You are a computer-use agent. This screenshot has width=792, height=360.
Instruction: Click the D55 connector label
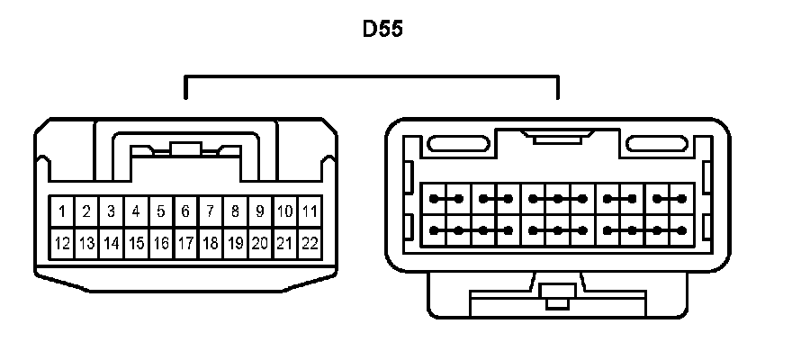point(382,30)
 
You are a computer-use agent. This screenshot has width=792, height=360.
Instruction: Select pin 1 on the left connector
point(61,212)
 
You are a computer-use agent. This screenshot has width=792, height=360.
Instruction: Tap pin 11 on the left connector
point(309,212)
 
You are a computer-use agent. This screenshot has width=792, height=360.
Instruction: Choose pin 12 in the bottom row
point(61,243)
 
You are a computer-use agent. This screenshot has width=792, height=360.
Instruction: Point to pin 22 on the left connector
point(309,243)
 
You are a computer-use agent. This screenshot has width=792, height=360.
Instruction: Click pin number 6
point(185,212)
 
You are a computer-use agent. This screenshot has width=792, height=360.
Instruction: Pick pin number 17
point(185,243)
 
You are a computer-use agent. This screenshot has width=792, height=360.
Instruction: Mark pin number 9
point(259,212)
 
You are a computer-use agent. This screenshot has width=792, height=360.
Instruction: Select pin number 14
point(111,243)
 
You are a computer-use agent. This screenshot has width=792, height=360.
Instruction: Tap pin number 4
point(136,212)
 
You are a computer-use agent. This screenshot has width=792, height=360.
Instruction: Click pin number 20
point(259,243)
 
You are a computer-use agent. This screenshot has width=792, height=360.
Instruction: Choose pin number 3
point(111,212)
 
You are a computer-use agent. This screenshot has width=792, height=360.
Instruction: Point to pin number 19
point(235,243)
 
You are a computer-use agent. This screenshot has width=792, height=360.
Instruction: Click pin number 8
point(235,212)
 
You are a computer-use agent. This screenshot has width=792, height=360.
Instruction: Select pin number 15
point(136,243)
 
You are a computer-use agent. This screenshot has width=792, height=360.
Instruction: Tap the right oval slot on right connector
point(657,143)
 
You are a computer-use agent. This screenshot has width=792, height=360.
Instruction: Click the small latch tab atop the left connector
point(185,149)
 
